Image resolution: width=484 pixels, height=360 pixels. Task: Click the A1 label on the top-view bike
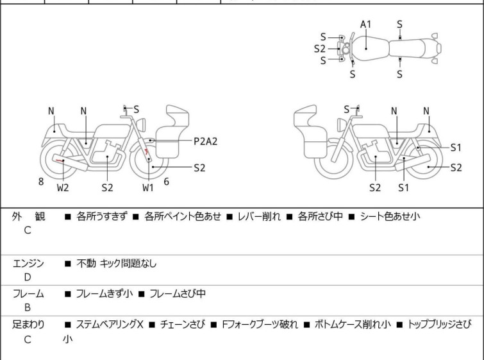[365, 24]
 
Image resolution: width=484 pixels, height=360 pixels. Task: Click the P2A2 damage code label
[206, 141]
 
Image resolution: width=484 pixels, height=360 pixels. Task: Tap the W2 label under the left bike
[63, 188]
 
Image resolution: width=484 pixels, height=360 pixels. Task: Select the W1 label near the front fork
[148, 188]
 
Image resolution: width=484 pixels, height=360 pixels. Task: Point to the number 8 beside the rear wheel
[41, 182]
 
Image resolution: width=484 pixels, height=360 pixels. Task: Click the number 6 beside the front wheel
[167, 182]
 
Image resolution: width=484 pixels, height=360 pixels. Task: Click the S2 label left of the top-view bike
[320, 48]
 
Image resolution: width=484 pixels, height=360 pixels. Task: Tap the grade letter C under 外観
[28, 230]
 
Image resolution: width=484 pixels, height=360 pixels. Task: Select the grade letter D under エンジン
[28, 277]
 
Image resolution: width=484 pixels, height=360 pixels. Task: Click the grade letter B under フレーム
[28, 307]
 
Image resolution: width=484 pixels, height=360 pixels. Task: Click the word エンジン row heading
[28, 263]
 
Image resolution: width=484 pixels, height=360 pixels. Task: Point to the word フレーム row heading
[28, 294]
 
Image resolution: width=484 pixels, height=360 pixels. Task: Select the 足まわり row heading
[28, 324]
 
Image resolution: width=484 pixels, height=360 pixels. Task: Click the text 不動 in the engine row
[86, 263]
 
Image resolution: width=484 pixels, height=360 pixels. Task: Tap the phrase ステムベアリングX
[110, 324]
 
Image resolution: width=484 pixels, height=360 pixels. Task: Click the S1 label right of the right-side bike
[456, 147]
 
